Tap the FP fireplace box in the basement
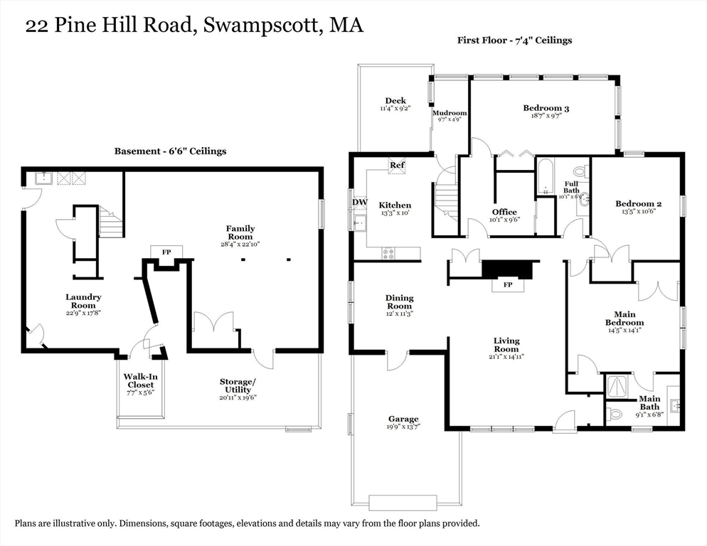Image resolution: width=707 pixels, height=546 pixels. (x=166, y=252)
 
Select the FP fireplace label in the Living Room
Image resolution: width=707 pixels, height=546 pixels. (x=508, y=284)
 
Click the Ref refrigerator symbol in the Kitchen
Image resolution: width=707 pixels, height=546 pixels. (x=397, y=165)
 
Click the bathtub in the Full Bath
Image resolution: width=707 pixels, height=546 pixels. (x=546, y=177)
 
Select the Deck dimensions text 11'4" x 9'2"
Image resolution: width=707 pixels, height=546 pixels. (x=395, y=109)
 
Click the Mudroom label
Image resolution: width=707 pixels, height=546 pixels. (x=450, y=113)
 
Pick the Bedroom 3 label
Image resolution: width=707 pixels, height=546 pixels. (x=546, y=108)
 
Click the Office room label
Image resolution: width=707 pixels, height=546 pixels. (x=504, y=212)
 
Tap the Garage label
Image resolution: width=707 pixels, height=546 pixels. (x=403, y=419)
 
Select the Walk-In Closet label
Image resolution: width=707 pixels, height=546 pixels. (x=139, y=380)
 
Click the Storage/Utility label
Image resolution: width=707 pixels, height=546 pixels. (x=238, y=385)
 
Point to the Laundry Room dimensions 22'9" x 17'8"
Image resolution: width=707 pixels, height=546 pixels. (x=83, y=313)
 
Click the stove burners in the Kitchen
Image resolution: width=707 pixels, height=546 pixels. (x=389, y=252)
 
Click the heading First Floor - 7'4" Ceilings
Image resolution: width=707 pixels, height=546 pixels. (x=514, y=40)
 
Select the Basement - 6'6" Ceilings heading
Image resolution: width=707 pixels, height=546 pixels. (x=170, y=151)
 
